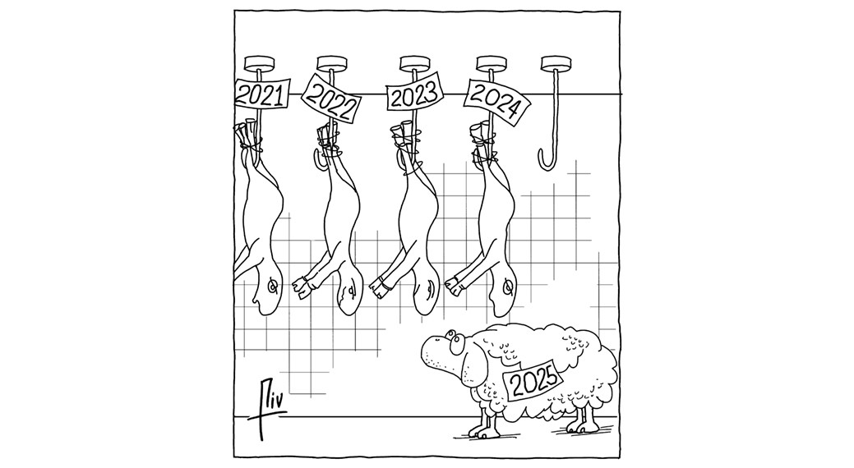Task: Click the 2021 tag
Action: [261, 95]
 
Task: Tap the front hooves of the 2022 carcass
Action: [302, 287]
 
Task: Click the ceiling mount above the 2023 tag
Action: [415, 63]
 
